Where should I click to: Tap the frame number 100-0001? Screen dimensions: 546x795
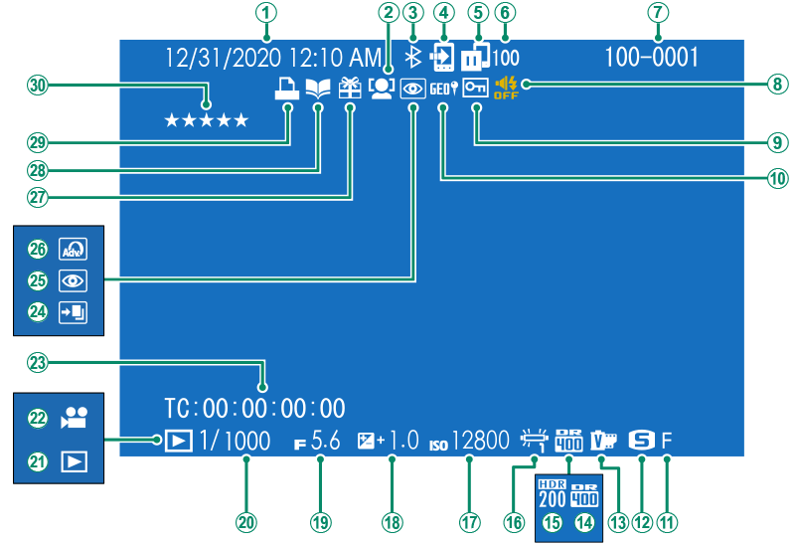651,58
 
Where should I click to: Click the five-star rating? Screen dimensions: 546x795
207,120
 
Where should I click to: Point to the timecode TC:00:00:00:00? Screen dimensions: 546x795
255,407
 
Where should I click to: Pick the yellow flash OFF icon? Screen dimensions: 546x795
506,89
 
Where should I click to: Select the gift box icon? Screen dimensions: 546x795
350,89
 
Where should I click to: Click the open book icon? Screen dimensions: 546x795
318,89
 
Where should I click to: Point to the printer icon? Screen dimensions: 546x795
287,89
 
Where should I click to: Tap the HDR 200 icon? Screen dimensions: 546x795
551,490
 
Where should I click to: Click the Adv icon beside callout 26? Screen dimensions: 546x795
71,249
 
